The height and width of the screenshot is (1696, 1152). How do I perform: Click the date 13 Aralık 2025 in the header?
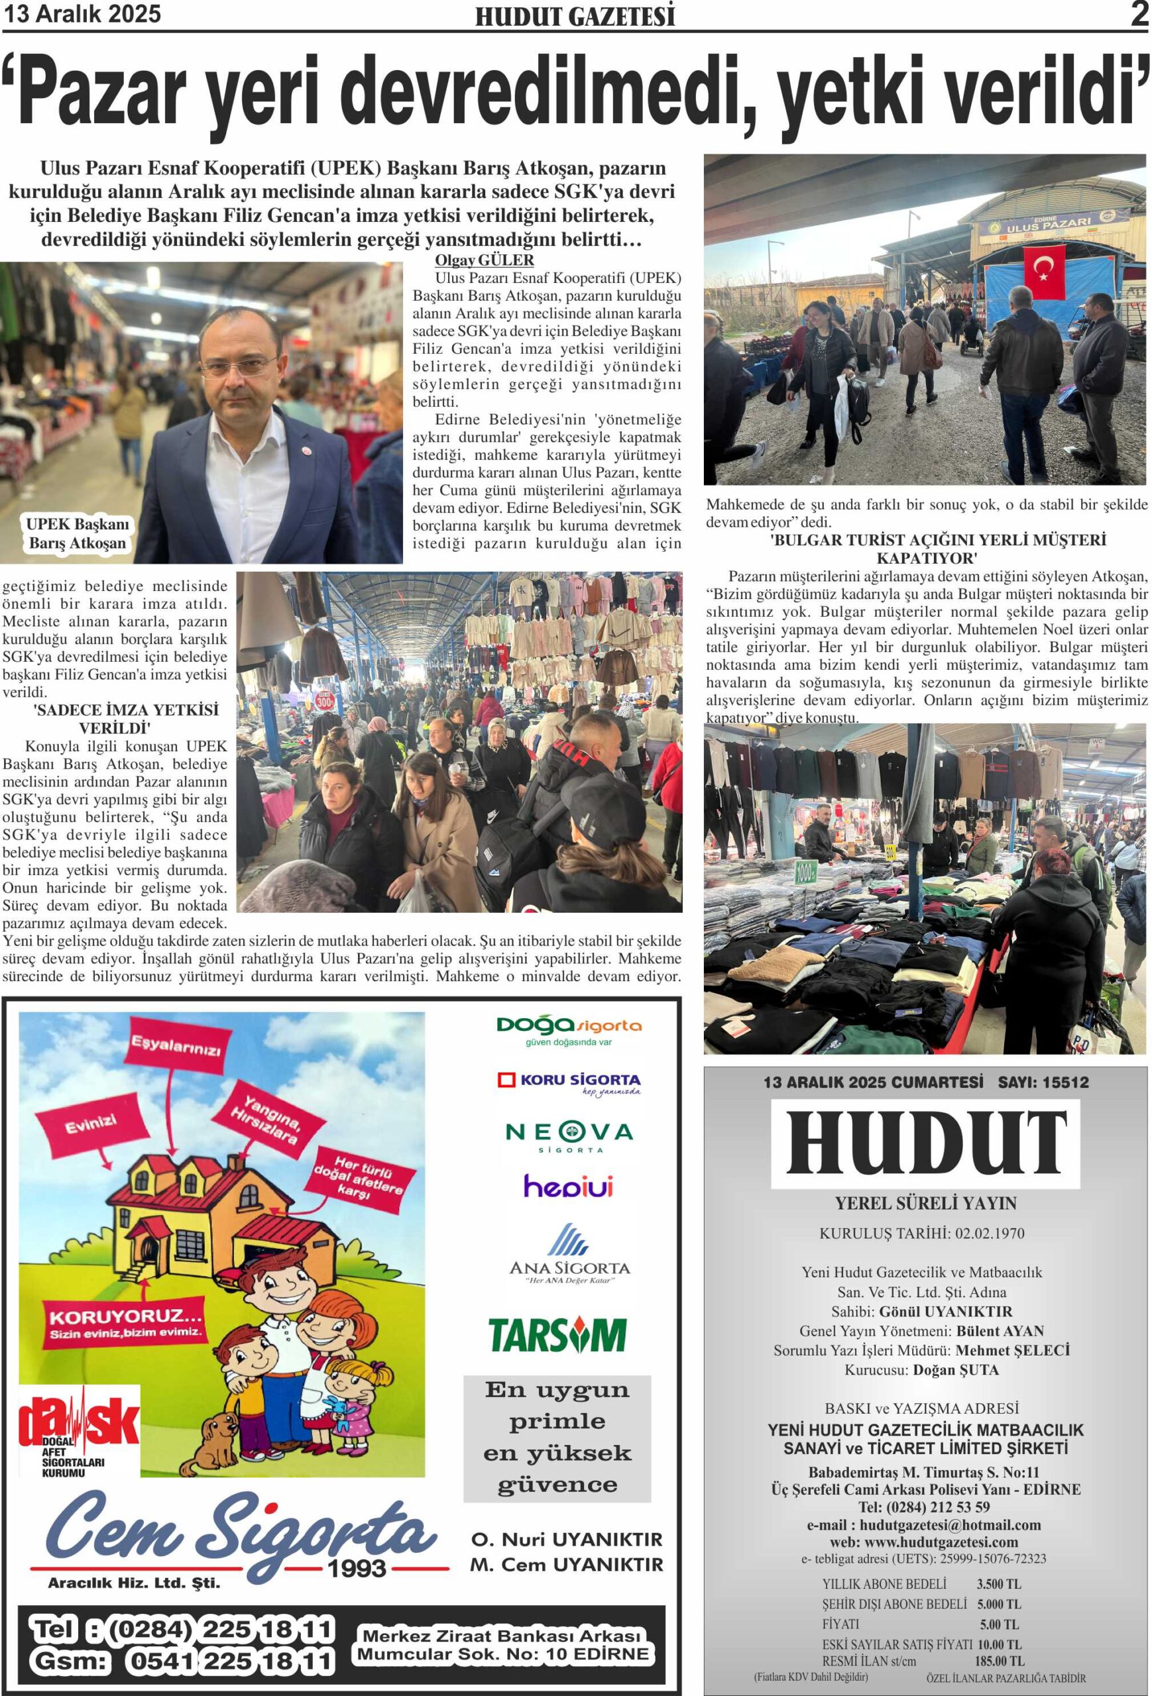[x=82, y=14]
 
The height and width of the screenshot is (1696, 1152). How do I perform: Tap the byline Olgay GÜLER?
[x=484, y=260]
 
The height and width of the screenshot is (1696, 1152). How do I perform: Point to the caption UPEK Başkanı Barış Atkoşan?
[x=77, y=533]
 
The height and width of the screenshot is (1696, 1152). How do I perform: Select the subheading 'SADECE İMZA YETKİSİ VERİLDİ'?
[x=115, y=719]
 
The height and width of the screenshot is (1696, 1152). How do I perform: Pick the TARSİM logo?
[x=557, y=1334]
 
